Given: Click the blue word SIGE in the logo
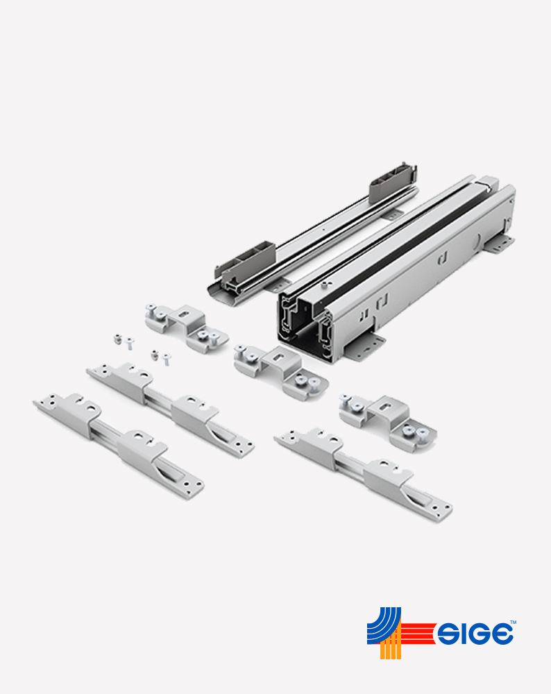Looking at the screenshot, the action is click(475, 634).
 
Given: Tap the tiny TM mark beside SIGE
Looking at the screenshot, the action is click(513, 622).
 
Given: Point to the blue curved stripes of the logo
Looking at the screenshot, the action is click(383, 625).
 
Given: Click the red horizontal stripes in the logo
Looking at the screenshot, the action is click(418, 633).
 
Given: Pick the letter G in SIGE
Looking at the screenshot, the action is click(478, 634).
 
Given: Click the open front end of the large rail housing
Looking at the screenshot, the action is click(305, 328).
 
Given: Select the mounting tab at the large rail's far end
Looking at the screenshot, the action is click(499, 244).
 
